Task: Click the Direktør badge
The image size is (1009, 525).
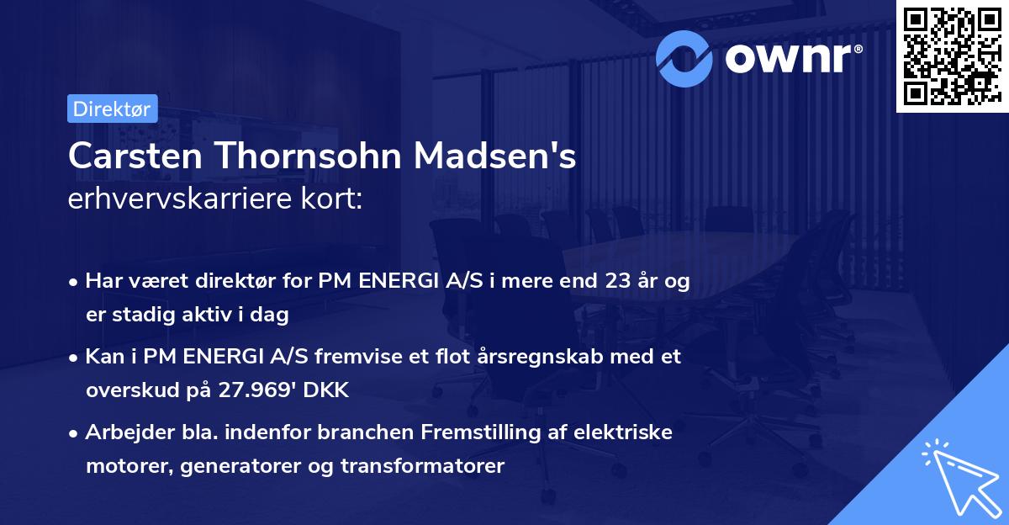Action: coord(111,109)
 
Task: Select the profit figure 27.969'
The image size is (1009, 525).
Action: coord(258,390)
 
